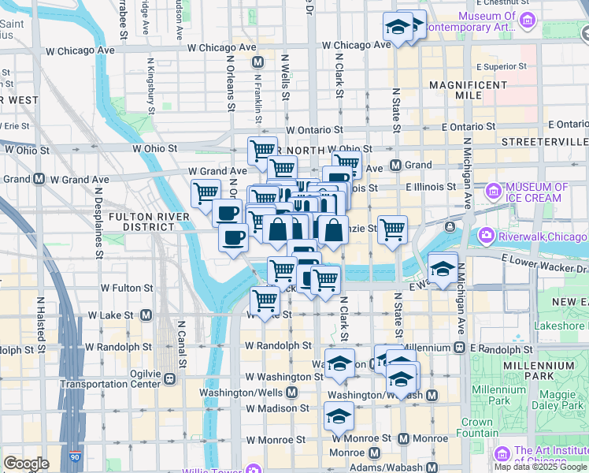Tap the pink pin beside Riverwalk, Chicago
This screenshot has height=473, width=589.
point(487,236)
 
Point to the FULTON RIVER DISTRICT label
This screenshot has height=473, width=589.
point(149,222)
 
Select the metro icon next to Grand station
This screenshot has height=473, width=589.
point(395,166)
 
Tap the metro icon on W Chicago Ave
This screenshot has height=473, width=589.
point(257,62)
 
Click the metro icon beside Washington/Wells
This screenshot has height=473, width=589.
point(291,392)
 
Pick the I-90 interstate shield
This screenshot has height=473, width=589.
point(74,456)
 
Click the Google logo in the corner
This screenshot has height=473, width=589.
point(26,464)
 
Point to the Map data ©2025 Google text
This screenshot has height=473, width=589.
point(540,467)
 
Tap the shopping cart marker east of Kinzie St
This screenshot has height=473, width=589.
point(392,229)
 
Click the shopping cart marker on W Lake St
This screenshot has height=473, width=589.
point(265,300)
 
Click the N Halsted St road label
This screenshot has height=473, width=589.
point(39,322)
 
